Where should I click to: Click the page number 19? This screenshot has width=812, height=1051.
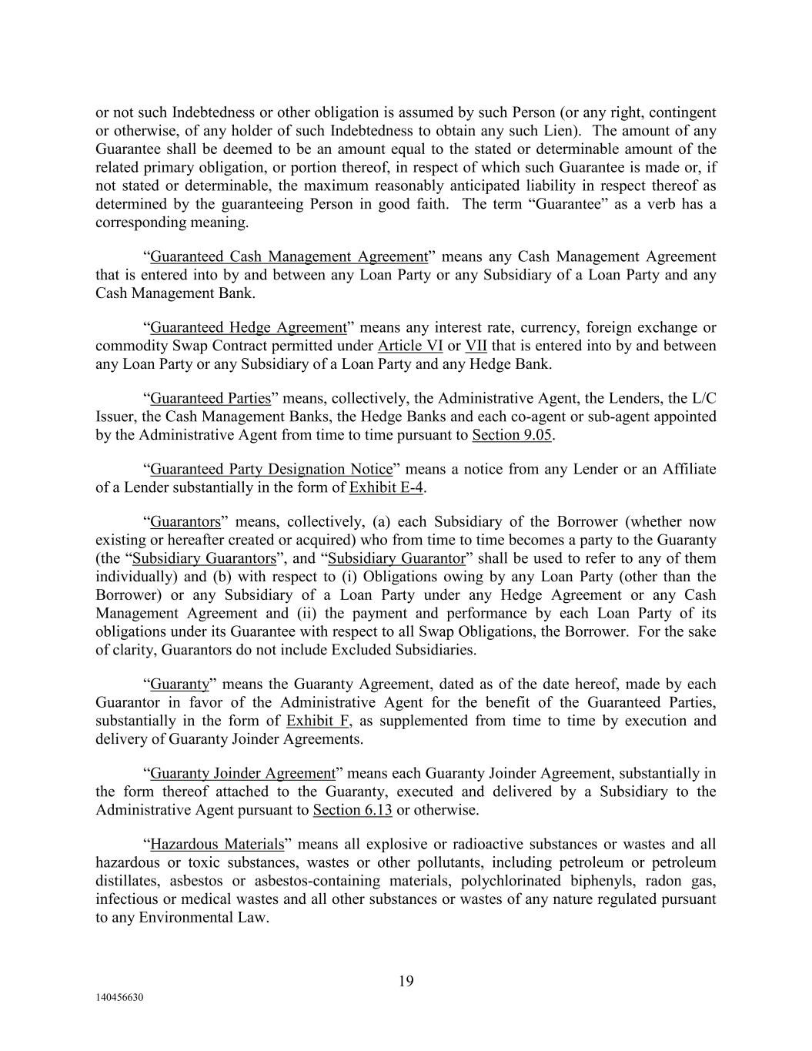[406, 981]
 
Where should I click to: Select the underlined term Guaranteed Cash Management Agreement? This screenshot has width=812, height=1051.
[288, 256]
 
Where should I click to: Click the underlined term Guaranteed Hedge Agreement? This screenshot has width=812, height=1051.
[248, 327]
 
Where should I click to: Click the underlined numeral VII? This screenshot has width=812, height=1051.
[476, 346]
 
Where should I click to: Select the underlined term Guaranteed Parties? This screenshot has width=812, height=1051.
[210, 398]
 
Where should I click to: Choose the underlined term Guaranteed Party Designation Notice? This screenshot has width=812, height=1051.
[271, 469]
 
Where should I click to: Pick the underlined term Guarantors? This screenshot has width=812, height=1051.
[185, 522]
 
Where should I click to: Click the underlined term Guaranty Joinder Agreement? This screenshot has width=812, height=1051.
[242, 773]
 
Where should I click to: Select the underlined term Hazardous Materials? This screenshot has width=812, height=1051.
[217, 844]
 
